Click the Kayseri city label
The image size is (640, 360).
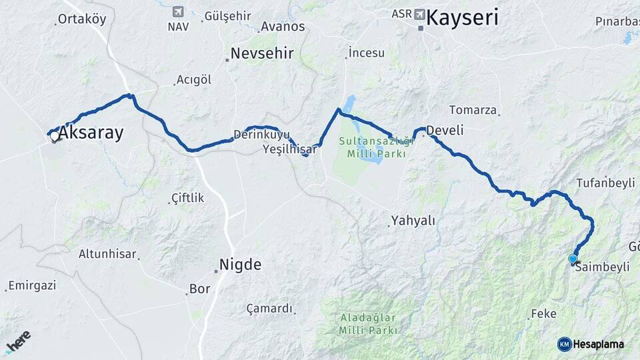(x=462, y=18)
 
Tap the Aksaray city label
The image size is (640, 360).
(x=91, y=133)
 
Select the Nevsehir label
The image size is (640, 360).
(x=262, y=54)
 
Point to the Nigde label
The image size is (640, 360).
(x=240, y=265)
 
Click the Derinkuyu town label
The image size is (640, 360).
(x=261, y=134)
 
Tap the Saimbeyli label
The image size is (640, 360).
(x=602, y=267)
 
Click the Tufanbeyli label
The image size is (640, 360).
(x=605, y=183)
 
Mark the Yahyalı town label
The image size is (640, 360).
(x=413, y=220)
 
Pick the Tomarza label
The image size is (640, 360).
(x=473, y=110)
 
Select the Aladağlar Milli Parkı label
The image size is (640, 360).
(x=368, y=323)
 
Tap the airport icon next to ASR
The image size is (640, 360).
(x=419, y=14)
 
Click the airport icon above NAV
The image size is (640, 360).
(x=177, y=12)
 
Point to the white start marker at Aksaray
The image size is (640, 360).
(x=55, y=135)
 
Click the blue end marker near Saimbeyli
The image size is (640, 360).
(x=573, y=259)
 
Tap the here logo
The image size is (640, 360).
(x=17, y=341)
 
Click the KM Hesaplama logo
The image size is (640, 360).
(x=591, y=344)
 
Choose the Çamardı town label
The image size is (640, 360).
(x=269, y=309)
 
